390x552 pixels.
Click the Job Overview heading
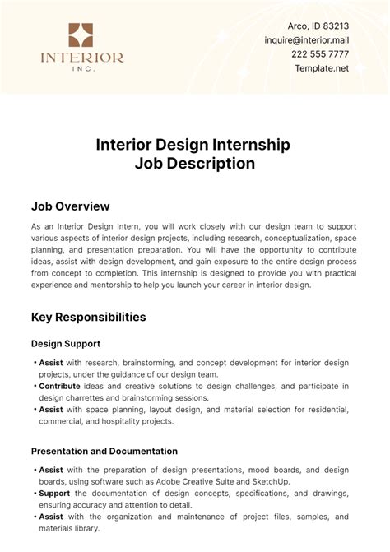pyautogui.click(x=70, y=206)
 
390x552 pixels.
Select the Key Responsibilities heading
pyautogui.click(x=89, y=316)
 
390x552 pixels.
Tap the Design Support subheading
pyautogui.click(x=66, y=343)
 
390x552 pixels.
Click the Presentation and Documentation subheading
pyautogui.click(x=104, y=451)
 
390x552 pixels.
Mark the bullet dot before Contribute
pyautogui.click(x=34, y=386)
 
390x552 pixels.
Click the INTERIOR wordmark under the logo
pyautogui.click(x=81, y=58)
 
